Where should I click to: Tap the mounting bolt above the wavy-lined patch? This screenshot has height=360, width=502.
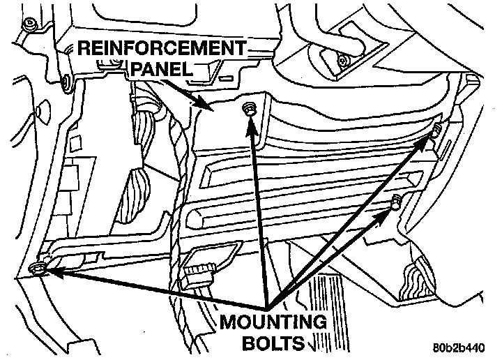point(395,202)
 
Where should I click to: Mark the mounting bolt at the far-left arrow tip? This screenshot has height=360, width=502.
point(38,269)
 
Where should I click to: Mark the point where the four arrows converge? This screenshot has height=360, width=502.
point(267,307)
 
